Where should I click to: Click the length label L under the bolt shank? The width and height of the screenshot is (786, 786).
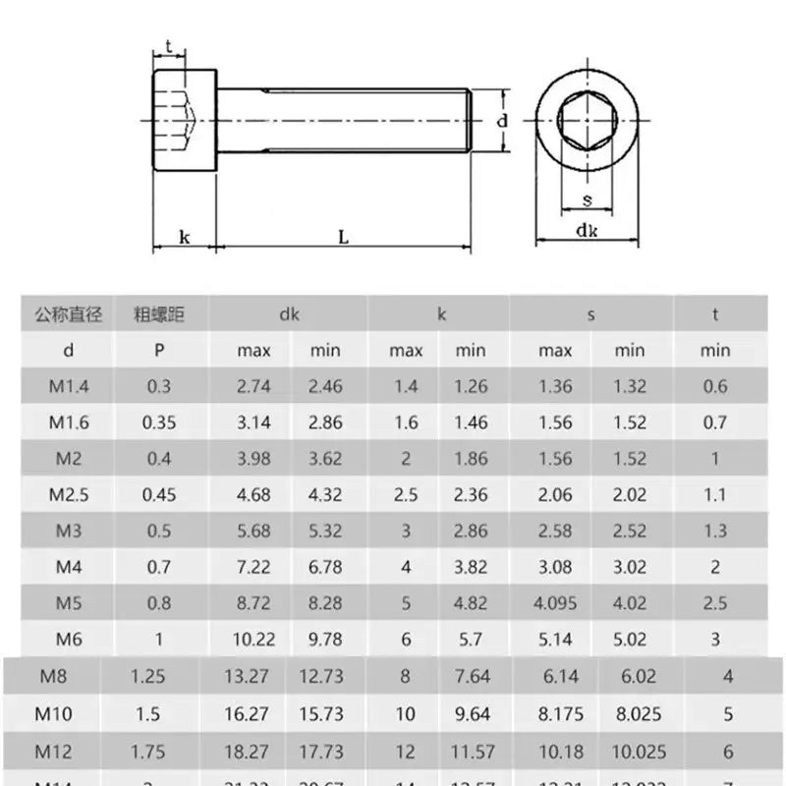343,237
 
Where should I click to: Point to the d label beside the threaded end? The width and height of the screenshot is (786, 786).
502,121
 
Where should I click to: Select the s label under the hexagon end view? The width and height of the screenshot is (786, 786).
587,200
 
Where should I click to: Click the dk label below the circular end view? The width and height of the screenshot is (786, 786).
587,231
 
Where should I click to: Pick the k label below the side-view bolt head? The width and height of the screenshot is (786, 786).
184,237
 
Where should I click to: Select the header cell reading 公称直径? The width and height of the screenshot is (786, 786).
68,314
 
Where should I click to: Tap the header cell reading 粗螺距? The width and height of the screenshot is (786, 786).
158,314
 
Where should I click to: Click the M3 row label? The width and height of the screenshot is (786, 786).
68,531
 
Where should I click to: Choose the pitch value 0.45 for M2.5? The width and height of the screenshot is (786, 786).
158,494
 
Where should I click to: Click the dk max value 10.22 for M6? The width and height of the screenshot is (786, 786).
253,639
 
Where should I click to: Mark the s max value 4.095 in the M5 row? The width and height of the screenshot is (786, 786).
555,602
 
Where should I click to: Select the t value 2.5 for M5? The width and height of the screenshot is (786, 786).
715,602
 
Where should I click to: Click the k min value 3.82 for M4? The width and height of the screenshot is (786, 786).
471,567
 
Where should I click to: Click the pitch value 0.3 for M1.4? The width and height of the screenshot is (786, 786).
158,386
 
